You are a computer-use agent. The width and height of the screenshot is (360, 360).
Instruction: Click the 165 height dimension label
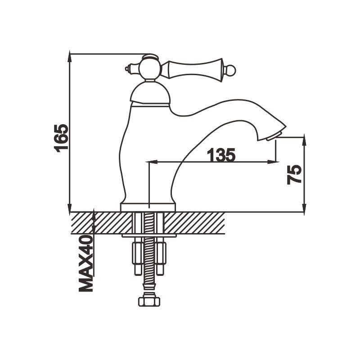click(x=61, y=137)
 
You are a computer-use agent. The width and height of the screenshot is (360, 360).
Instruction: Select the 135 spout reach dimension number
click(x=221, y=155)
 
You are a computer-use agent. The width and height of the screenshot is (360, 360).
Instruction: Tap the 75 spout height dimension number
click(x=294, y=174)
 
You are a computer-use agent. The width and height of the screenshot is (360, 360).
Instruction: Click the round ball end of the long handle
click(x=230, y=70)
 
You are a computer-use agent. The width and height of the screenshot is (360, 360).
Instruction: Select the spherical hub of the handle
click(x=149, y=69)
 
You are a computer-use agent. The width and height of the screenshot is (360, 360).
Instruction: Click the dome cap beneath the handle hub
click(x=150, y=93)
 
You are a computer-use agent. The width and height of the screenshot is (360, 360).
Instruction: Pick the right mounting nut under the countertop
click(x=161, y=258)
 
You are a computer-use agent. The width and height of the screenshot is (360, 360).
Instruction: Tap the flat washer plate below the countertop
click(x=148, y=235)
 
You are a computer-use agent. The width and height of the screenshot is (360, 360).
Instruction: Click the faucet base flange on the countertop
click(x=148, y=207)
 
